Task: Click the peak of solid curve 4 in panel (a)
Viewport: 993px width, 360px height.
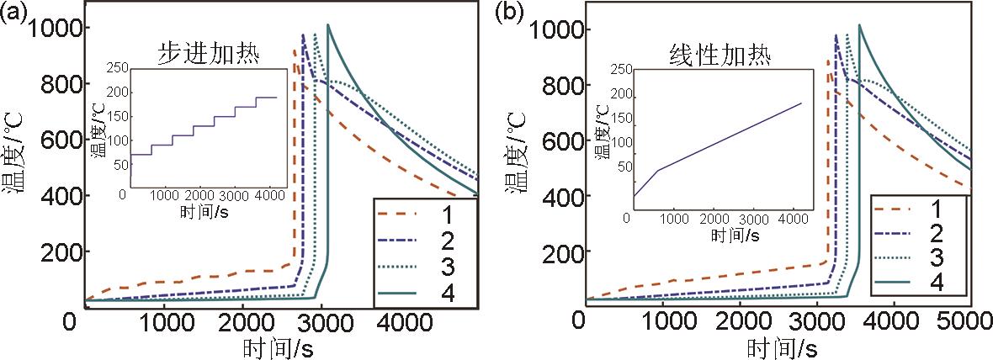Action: point(327,25)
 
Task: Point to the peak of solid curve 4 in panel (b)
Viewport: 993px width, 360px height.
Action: point(859,26)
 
